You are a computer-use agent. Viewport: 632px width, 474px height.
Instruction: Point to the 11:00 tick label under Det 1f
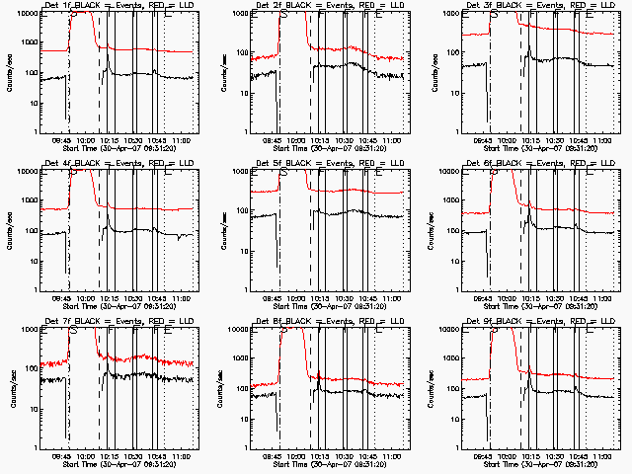pos(179,140)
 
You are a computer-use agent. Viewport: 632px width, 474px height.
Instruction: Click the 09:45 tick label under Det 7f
pos(62,456)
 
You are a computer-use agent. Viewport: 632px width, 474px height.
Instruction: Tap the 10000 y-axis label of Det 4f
pos(27,171)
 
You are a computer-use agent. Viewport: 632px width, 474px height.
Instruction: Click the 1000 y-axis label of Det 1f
pos(29,42)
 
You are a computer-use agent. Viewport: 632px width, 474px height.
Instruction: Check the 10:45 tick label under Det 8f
pos(368,456)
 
